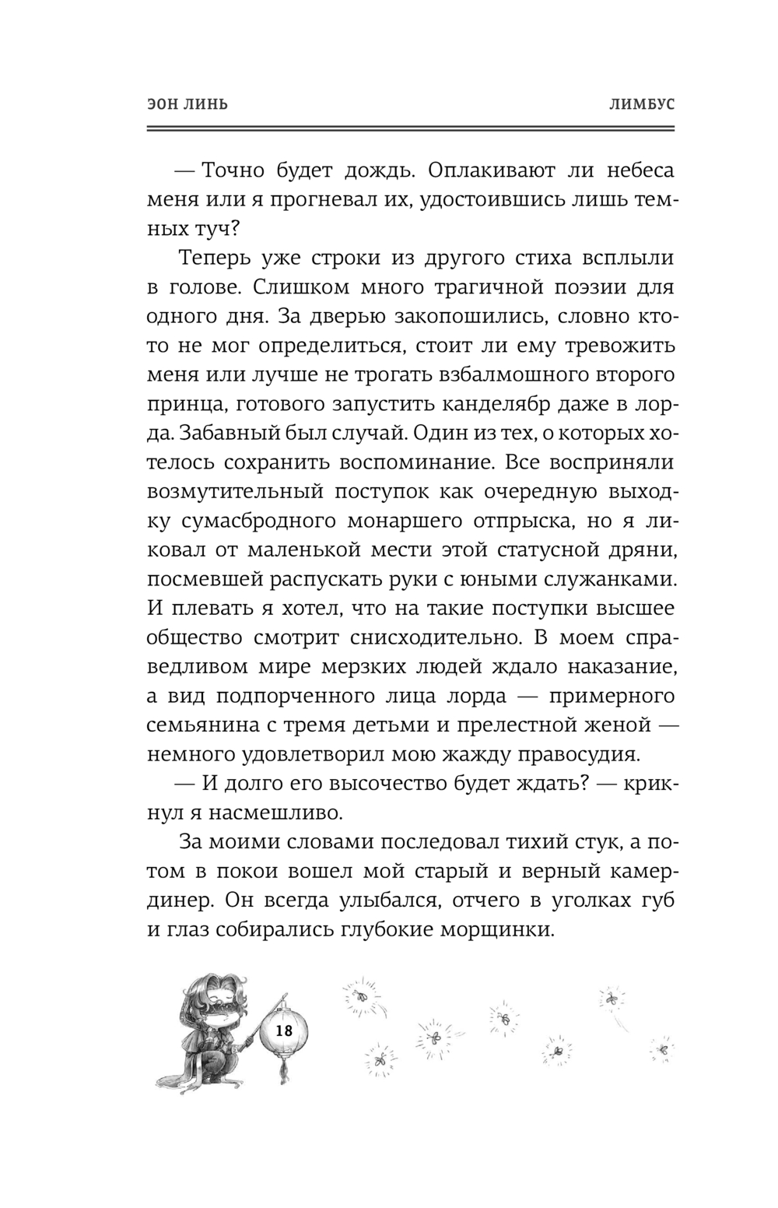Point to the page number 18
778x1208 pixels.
283,1030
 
